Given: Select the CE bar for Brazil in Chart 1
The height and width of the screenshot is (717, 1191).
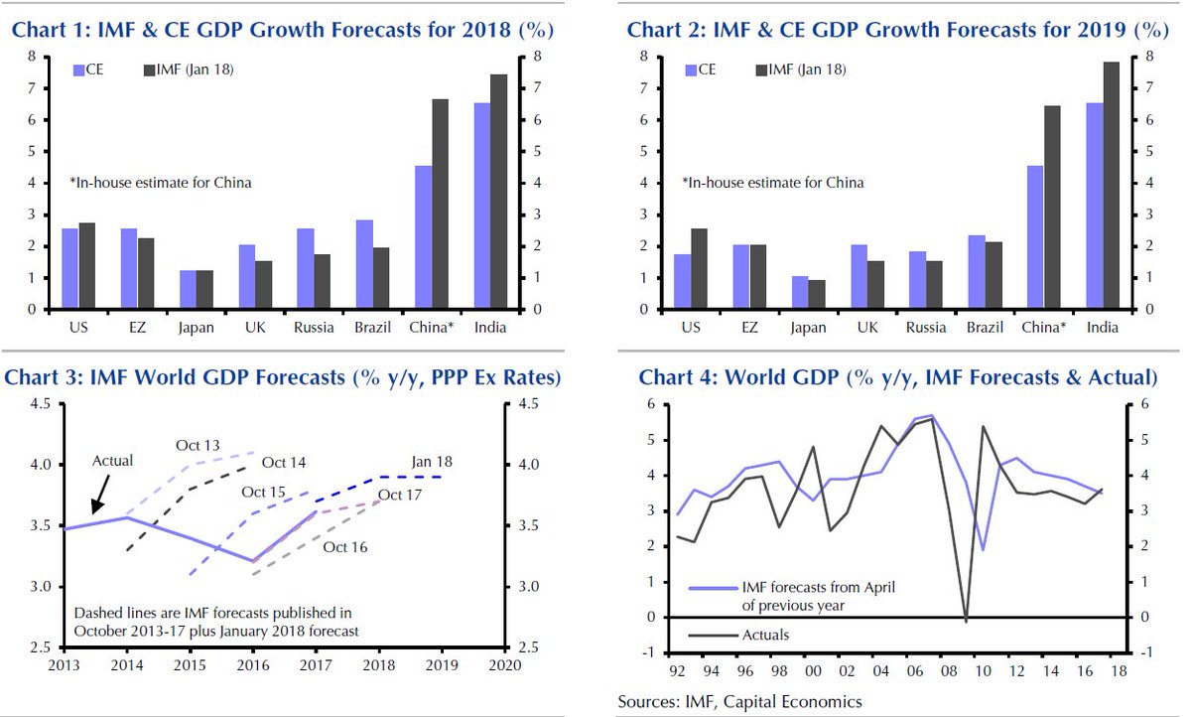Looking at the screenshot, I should pyautogui.click(x=364, y=264).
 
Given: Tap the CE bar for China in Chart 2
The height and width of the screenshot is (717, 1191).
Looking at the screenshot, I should pyautogui.click(x=1035, y=237).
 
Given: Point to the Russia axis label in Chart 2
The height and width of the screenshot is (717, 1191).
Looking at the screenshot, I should pyautogui.click(x=926, y=326).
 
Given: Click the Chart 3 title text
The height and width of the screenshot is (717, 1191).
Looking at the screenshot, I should pyautogui.click(x=283, y=377).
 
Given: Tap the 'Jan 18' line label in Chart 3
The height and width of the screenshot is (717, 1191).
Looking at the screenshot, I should pyautogui.click(x=432, y=461).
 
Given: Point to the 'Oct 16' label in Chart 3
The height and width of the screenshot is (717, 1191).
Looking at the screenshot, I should pyautogui.click(x=346, y=546).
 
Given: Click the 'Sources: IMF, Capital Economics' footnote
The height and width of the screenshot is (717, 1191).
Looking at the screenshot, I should pyautogui.click(x=739, y=702).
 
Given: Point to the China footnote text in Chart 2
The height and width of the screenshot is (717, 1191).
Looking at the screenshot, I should pyautogui.click(x=772, y=183).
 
